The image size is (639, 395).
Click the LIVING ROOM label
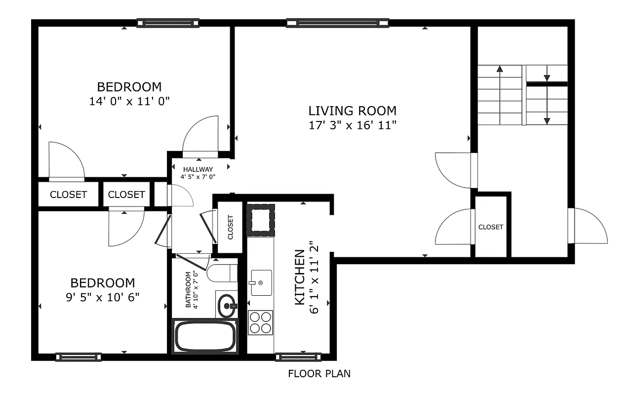(x=352, y=111)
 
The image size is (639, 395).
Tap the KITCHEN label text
(x=299, y=277)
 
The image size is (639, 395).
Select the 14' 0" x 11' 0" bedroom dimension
(x=129, y=101)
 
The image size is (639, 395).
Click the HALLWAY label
(x=198, y=169)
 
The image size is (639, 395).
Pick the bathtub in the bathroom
(x=205, y=336)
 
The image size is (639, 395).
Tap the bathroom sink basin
(x=227, y=306)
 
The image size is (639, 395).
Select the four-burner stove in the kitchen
(x=260, y=322)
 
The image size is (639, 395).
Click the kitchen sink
(x=261, y=283)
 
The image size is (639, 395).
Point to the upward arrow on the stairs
(x=500, y=94)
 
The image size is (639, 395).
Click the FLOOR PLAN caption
(x=319, y=374)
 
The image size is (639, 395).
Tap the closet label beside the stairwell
(x=490, y=227)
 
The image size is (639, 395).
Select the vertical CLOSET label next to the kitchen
(x=231, y=228)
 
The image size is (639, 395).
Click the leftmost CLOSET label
(x=68, y=195)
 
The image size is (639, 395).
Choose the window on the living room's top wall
(x=337, y=23)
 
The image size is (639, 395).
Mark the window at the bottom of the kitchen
(x=298, y=356)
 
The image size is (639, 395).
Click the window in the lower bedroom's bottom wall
(x=79, y=357)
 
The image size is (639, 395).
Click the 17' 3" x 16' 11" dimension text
(x=352, y=125)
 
